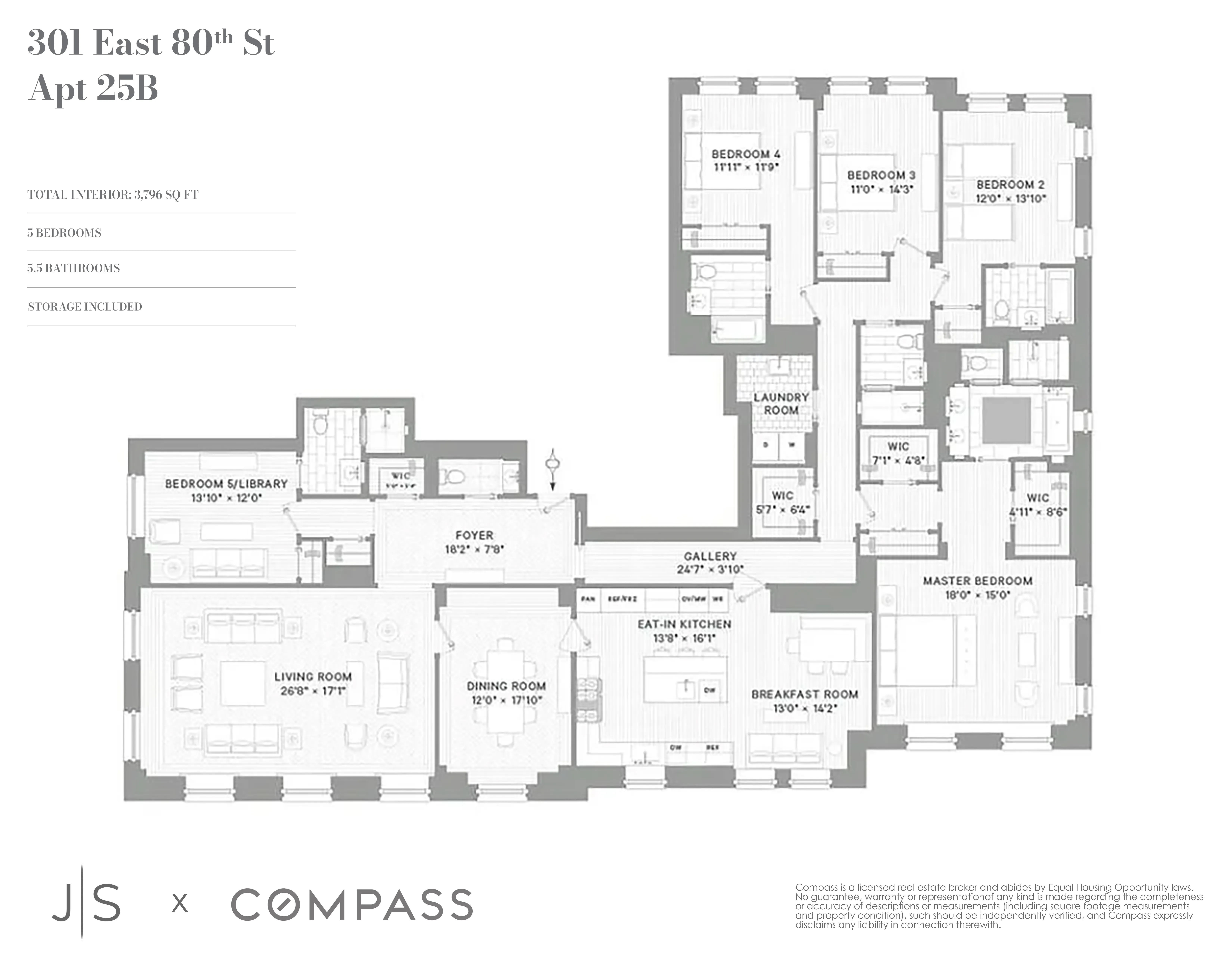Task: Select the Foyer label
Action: click(474, 535)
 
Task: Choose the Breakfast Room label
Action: click(804, 694)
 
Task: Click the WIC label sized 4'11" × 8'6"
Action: click(1037, 498)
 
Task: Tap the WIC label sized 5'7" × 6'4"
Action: click(782, 495)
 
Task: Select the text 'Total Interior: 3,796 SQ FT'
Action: click(113, 195)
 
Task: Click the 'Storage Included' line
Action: click(85, 306)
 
